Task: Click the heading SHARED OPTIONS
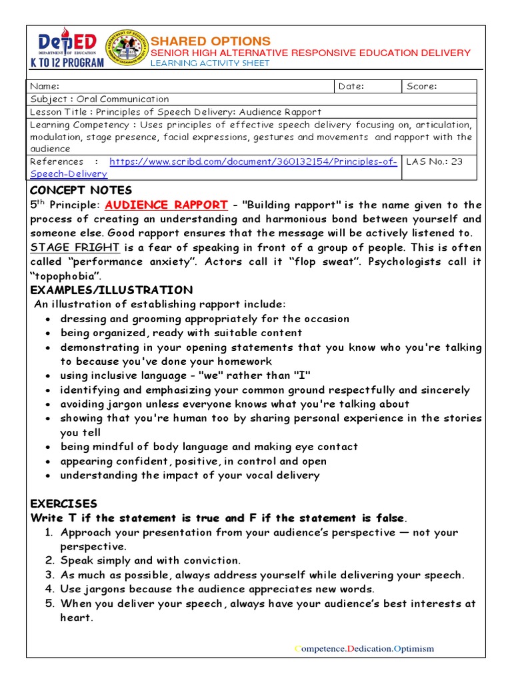click(211, 41)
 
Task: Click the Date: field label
click(352, 86)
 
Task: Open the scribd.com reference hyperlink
click(253, 162)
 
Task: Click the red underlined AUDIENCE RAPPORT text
click(166, 205)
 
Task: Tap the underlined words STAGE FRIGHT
click(75, 247)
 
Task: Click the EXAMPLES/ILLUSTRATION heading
click(111, 290)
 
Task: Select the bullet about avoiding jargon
click(235, 404)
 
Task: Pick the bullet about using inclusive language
click(185, 376)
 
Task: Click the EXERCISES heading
click(64, 504)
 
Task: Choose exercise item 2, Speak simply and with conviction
click(151, 560)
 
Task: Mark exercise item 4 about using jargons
click(217, 589)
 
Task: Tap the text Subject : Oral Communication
click(100, 99)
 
